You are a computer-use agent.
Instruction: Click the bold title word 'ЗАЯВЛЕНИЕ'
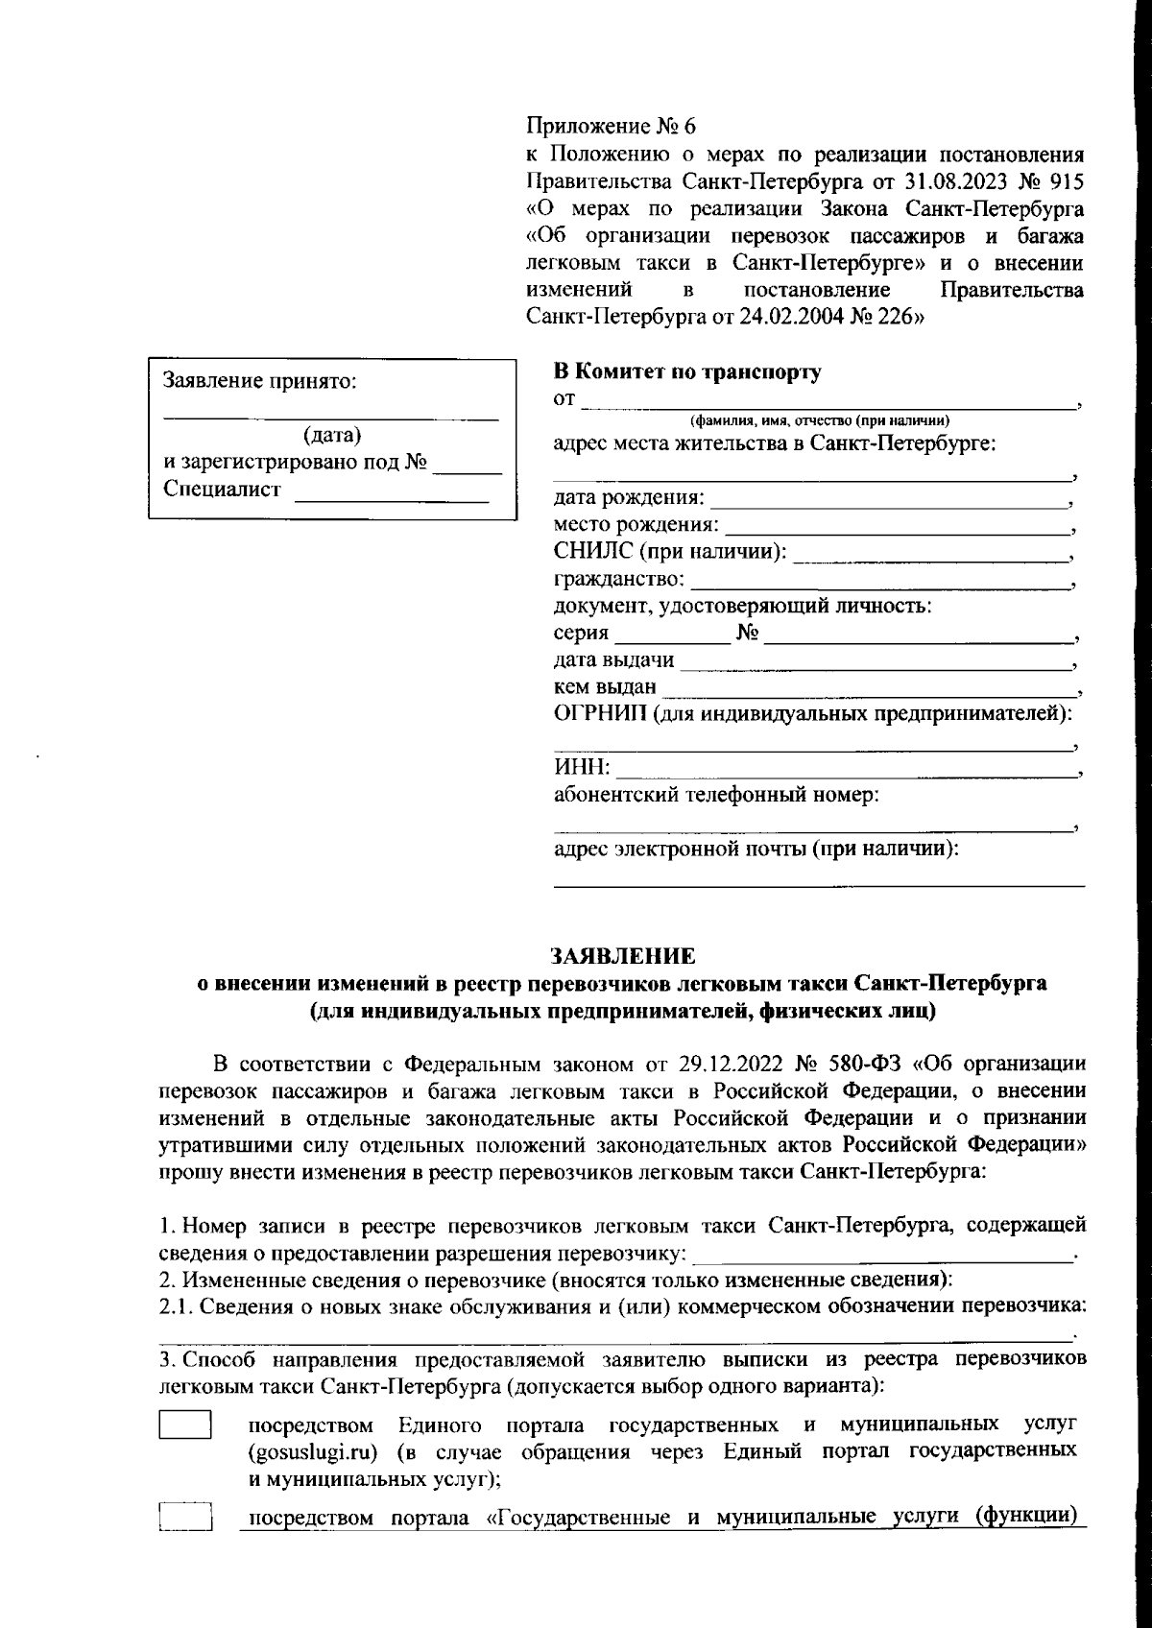click(x=622, y=956)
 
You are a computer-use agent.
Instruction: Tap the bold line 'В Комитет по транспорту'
click(x=687, y=372)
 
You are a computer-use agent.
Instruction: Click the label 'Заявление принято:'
click(x=260, y=381)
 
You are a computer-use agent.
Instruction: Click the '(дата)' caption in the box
click(x=331, y=436)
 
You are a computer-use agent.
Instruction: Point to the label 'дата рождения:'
click(x=629, y=498)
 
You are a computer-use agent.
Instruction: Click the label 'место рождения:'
click(x=636, y=525)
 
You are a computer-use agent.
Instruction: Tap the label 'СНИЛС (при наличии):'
click(x=670, y=552)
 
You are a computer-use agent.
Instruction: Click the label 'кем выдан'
click(x=605, y=686)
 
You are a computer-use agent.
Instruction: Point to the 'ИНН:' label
click(x=581, y=767)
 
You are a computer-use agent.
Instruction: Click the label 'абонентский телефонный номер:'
click(x=716, y=795)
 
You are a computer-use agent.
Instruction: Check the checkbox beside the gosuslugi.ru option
click(x=184, y=1424)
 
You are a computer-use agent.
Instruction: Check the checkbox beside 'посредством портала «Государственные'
click(x=184, y=1518)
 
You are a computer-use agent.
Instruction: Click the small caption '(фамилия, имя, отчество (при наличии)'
click(x=819, y=420)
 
